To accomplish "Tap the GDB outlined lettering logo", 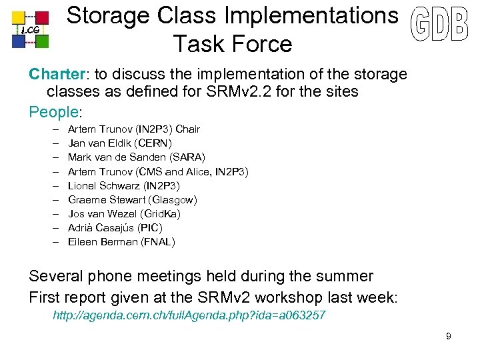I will coord(439,27).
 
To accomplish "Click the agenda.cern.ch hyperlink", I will coord(189,315).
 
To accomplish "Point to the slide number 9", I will coord(449,336).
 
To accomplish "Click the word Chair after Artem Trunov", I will coord(187,129).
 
